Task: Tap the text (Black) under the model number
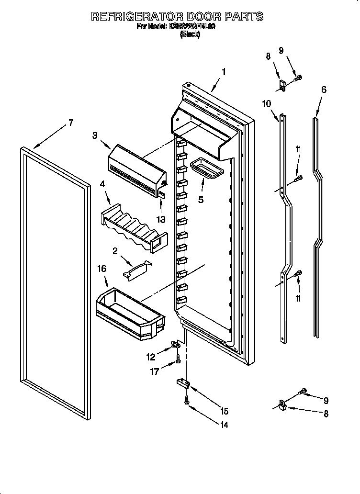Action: [190, 34]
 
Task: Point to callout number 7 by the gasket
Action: [70, 123]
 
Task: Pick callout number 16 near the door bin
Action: [101, 269]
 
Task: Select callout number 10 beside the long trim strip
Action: [267, 103]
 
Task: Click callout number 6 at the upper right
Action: [324, 89]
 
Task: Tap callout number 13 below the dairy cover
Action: [161, 220]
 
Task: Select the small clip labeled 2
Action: [136, 270]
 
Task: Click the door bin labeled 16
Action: [129, 313]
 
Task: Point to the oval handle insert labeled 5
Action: [204, 170]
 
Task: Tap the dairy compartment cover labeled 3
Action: [137, 170]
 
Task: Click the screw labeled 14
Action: [186, 404]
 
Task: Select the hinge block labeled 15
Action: [182, 382]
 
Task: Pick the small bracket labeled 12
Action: [175, 346]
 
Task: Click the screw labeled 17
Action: [178, 359]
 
